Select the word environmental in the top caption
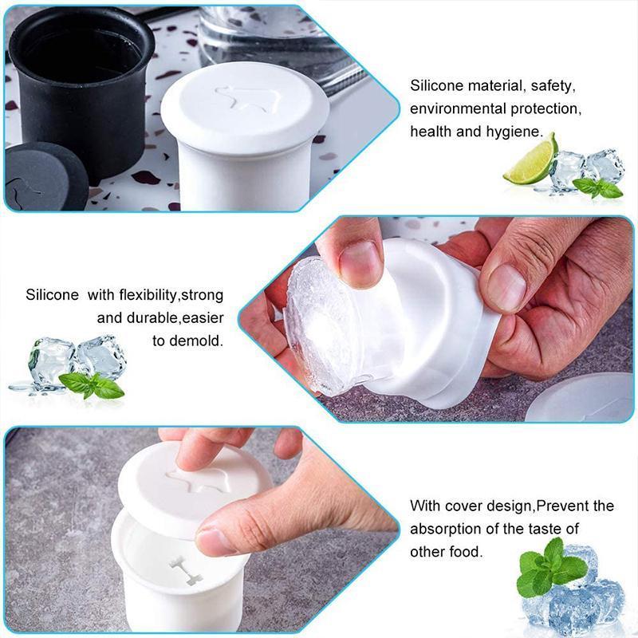455,108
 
